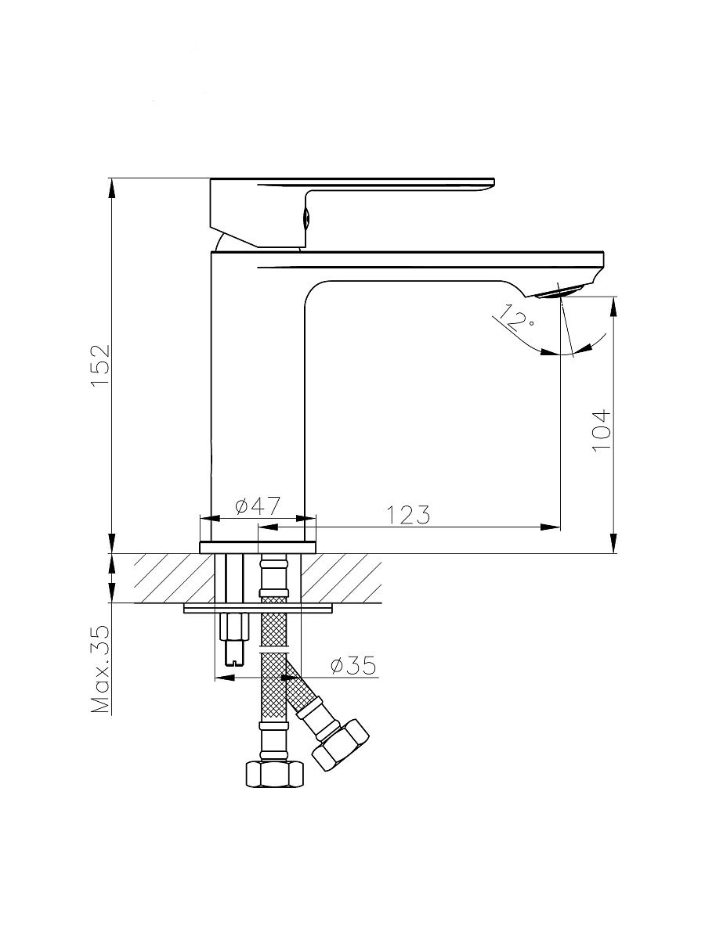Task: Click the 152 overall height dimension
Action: click(x=101, y=365)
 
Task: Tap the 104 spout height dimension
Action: click(x=601, y=430)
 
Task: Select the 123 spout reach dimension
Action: click(x=408, y=515)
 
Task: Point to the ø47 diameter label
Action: click(x=258, y=506)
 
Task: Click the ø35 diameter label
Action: click(x=353, y=666)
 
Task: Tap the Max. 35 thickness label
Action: click(x=101, y=670)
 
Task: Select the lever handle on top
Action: click(x=352, y=212)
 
